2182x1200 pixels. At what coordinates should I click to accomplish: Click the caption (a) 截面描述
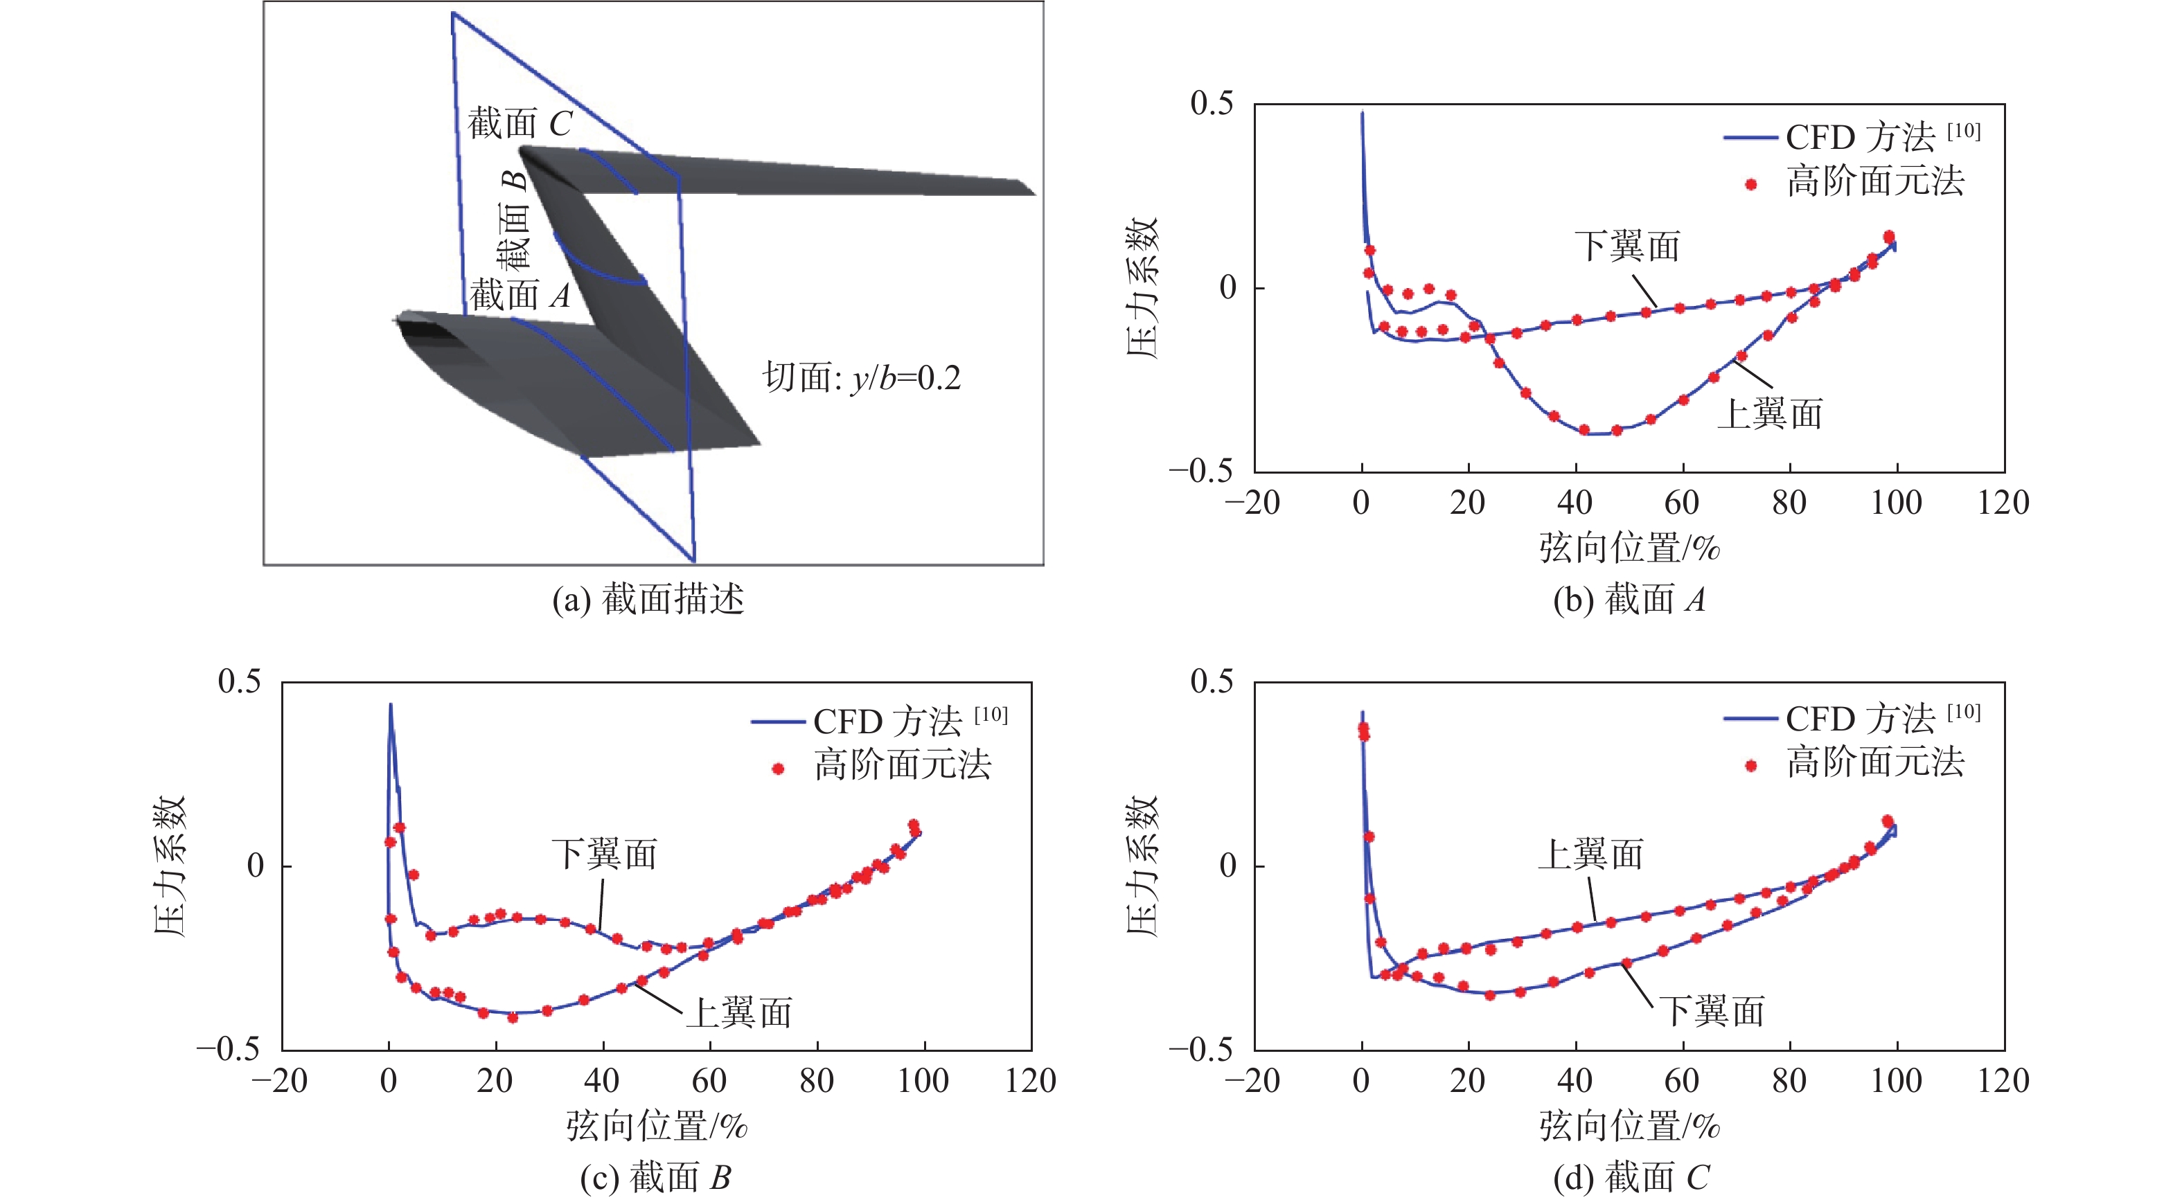(648, 600)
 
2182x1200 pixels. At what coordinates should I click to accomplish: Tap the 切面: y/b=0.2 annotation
(862, 377)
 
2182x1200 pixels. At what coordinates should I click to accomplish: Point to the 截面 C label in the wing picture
(520, 124)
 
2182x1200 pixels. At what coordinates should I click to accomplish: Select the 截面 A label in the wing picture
(520, 296)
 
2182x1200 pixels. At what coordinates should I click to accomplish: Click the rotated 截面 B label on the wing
(513, 222)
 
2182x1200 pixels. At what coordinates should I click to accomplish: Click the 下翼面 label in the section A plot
(1627, 247)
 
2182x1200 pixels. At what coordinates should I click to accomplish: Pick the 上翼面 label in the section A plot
(1769, 414)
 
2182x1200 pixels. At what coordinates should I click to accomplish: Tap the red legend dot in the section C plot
(1751, 766)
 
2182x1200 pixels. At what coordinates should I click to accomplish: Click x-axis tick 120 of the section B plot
(1030, 1082)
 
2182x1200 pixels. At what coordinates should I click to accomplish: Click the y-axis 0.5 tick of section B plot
(239, 682)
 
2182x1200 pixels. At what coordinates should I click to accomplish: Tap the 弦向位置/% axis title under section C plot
(1629, 1127)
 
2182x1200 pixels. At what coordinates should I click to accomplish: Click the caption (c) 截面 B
(655, 1178)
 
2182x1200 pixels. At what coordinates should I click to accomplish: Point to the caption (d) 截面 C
(1631, 1178)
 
